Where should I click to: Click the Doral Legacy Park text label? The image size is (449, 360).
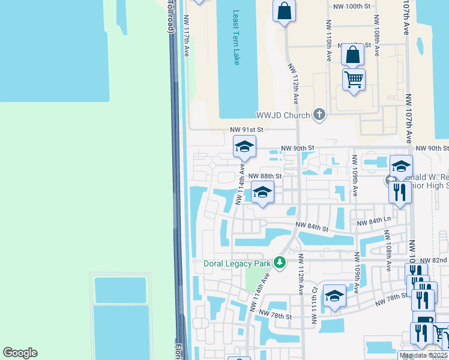(x=238, y=263)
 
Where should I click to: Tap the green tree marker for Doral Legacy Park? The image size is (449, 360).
(x=279, y=262)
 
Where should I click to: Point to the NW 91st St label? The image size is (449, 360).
(x=247, y=129)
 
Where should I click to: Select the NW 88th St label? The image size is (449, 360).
(x=266, y=176)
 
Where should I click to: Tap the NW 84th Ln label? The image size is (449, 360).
(x=373, y=222)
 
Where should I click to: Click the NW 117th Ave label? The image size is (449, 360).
(x=187, y=36)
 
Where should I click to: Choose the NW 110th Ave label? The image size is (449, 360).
(x=329, y=41)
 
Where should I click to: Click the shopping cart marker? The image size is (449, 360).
(x=354, y=79)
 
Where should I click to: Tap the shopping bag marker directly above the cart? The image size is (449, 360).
(x=353, y=54)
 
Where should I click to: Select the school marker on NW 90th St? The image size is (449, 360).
(x=244, y=146)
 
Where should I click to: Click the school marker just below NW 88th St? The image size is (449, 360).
(x=263, y=192)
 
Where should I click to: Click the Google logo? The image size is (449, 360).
(x=20, y=353)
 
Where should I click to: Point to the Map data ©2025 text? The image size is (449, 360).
(x=423, y=355)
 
